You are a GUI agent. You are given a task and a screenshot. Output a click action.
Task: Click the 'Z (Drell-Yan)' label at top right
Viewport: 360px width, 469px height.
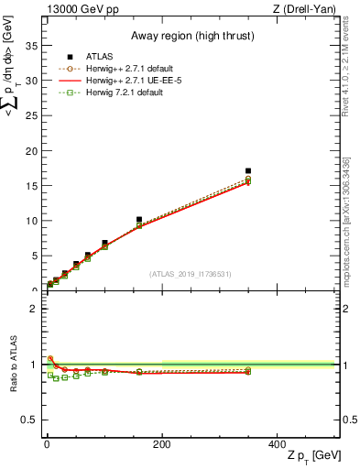[x=309, y=9]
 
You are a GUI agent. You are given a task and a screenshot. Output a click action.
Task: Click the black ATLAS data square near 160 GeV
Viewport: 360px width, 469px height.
[x=139, y=220]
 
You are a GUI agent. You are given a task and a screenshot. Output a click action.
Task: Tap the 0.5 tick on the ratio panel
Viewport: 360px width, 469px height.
[x=29, y=420]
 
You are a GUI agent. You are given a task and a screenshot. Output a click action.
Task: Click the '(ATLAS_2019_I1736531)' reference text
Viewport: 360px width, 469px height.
[x=191, y=274]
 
